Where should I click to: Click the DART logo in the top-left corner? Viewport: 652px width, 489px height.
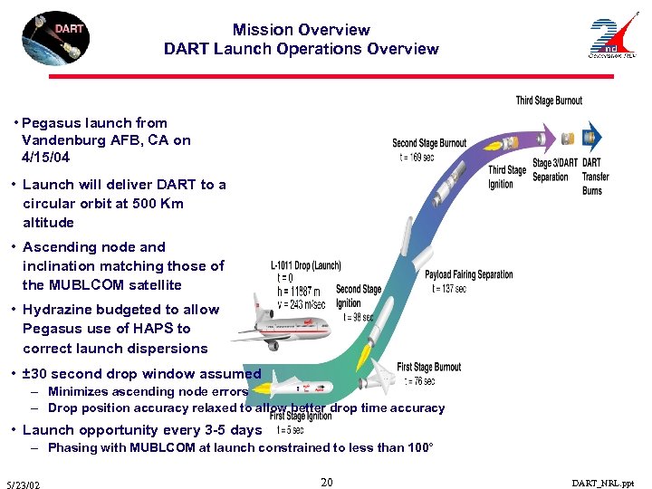tap(57, 37)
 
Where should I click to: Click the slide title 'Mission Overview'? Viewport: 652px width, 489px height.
tap(301, 30)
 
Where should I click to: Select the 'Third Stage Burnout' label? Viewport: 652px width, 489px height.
tap(549, 101)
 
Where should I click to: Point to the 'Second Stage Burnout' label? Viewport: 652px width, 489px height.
tap(429, 143)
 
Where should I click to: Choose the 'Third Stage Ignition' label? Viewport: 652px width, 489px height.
tap(507, 177)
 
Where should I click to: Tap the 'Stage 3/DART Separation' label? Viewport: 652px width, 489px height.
tap(555, 170)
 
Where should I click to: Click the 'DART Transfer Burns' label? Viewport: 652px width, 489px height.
tap(595, 177)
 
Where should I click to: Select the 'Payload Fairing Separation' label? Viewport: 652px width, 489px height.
tap(468, 274)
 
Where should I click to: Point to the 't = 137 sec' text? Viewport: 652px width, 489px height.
tap(449, 288)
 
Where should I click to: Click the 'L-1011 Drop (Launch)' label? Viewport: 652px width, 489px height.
tap(305, 265)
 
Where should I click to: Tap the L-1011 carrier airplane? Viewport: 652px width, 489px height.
tap(272, 326)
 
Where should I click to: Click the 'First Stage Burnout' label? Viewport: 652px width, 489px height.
tap(428, 367)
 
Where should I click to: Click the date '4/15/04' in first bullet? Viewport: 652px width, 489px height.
tap(45, 158)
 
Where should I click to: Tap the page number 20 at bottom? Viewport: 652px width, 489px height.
tap(326, 483)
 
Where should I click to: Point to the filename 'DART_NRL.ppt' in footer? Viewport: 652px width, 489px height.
tap(603, 484)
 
